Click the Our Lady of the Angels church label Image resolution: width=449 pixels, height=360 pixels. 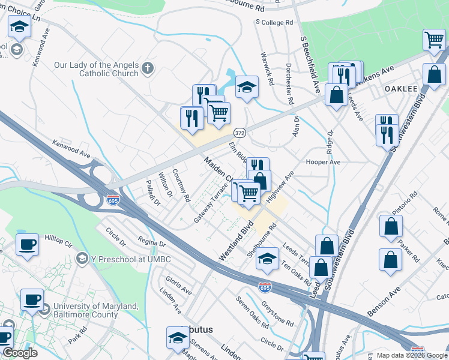click(96, 69)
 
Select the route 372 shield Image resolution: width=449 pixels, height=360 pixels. click(239, 132)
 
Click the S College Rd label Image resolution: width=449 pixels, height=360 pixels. click(274, 22)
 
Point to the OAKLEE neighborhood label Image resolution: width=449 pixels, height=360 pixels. click(401, 88)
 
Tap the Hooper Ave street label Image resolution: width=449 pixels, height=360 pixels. click(323, 163)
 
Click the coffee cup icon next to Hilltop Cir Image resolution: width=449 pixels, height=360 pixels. click(27, 245)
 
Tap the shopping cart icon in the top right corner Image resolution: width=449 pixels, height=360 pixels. click(433, 41)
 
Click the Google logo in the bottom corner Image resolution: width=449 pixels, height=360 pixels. click(20, 353)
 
